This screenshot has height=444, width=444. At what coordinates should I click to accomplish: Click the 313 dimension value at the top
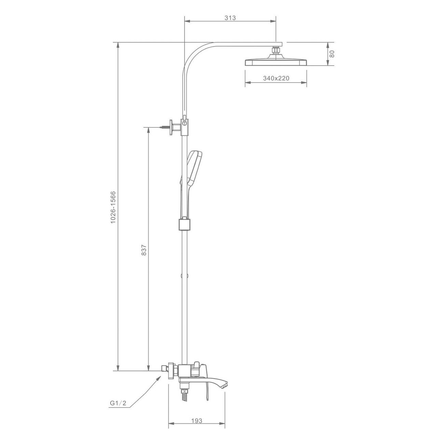230,18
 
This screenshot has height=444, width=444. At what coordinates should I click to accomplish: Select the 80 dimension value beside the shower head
332,54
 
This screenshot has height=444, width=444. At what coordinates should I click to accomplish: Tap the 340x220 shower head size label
276,78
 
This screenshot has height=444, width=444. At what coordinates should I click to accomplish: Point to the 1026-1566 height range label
113,207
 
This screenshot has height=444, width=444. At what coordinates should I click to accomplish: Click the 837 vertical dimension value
144,250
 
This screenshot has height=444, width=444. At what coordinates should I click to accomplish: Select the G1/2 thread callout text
118,403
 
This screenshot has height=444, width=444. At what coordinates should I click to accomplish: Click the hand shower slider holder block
185,225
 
